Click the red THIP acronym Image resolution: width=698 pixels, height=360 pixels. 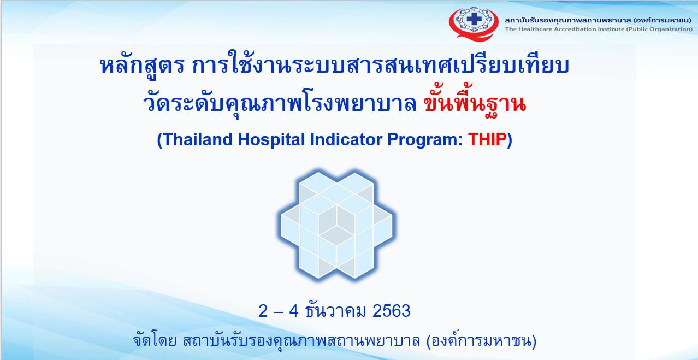(487, 139)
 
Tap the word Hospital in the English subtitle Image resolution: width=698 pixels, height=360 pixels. (271, 140)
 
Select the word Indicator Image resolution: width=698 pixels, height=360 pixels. (346, 139)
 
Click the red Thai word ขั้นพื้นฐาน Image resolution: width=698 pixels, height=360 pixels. (475, 101)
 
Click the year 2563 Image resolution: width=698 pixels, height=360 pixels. (392, 311)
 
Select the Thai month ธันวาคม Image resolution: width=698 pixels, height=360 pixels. (335, 310)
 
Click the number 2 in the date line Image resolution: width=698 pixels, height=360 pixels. (263, 311)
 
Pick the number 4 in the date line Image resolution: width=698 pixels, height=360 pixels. (294, 311)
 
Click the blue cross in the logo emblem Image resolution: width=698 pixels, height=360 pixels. (474, 19)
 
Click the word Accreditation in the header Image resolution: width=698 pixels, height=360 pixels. (566, 29)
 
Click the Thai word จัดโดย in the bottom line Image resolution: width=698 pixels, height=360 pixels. (155, 340)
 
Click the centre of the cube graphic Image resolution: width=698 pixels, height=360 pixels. (336, 225)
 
